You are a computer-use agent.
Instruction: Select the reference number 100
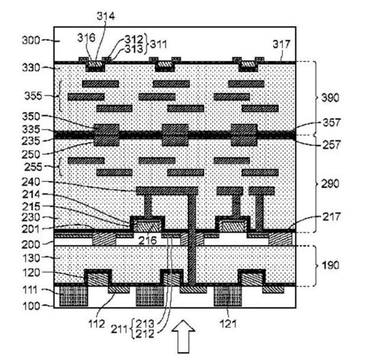tap(30, 306)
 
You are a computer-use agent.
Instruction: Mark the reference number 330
tap(30, 68)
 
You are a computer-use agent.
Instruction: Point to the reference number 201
tap(30, 229)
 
